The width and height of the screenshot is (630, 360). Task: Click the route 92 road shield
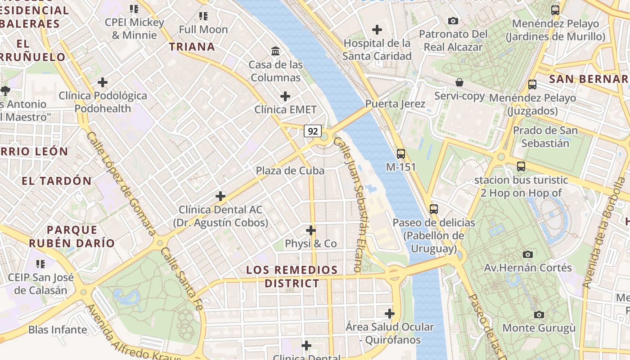pyautogui.click(x=313, y=131)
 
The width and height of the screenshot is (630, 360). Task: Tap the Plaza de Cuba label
pyautogui.click(x=290, y=171)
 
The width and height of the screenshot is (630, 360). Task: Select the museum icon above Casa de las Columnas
pyautogui.click(x=275, y=51)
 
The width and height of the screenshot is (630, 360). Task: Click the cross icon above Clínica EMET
pyautogui.click(x=285, y=96)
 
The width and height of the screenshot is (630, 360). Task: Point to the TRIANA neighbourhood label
pyautogui.click(x=192, y=46)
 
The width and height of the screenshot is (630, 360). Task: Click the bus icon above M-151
pyautogui.click(x=401, y=154)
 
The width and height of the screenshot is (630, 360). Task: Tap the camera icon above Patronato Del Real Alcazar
pyautogui.click(x=453, y=21)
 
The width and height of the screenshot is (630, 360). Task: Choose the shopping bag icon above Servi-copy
pyautogui.click(x=459, y=83)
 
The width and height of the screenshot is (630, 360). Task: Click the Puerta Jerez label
pyautogui.click(x=395, y=104)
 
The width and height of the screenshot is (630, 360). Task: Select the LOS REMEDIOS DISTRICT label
pyautogui.click(x=292, y=277)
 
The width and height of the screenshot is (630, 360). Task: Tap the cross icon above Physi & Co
pyautogui.click(x=311, y=230)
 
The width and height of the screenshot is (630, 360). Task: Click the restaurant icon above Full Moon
pyautogui.click(x=203, y=16)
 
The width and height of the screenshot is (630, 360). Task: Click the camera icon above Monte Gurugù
pyautogui.click(x=539, y=315)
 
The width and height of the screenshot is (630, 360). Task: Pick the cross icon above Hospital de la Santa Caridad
pyautogui.click(x=377, y=30)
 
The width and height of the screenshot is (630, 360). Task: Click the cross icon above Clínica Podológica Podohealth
pyautogui.click(x=103, y=82)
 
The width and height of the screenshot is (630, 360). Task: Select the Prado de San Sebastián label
pyautogui.click(x=545, y=137)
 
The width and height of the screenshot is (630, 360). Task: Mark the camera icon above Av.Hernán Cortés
pyautogui.click(x=528, y=254)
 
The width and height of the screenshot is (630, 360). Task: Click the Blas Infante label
pyautogui.click(x=58, y=329)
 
